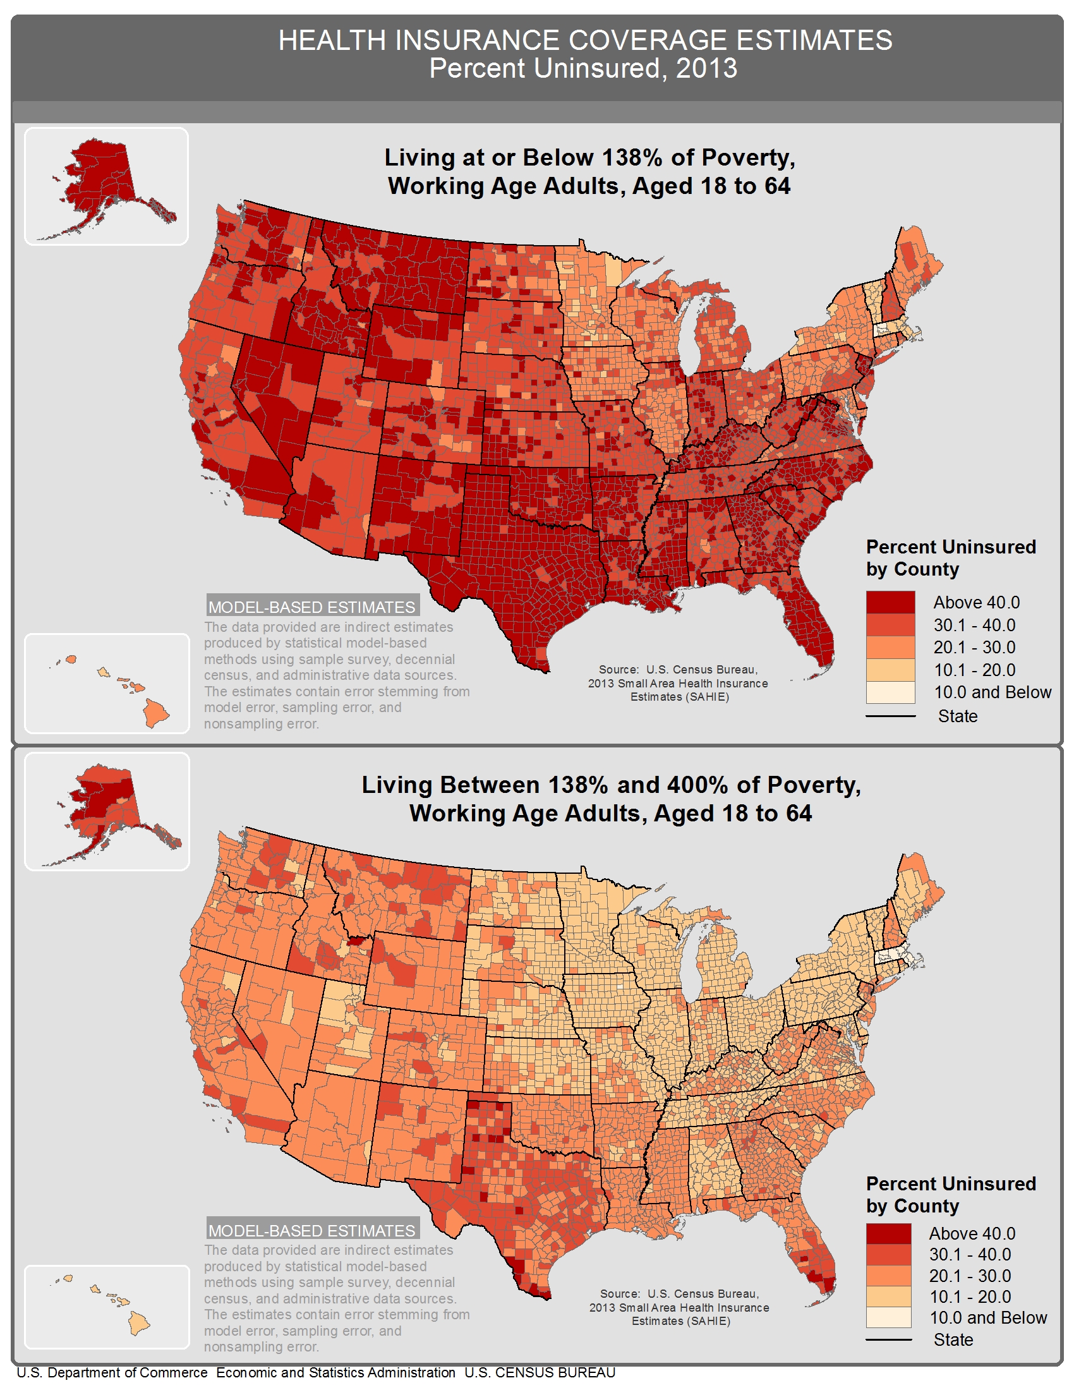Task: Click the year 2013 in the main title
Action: tap(706, 69)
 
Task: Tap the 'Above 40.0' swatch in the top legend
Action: tap(890, 602)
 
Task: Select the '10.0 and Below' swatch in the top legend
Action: tap(890, 692)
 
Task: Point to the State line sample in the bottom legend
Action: tap(888, 1339)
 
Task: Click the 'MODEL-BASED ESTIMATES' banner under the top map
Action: tap(311, 607)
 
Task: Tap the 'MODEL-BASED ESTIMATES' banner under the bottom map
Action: tap(311, 1230)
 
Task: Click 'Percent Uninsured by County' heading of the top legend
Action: tap(951, 557)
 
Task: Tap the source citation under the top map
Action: tap(678, 683)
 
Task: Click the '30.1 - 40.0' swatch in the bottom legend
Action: tap(888, 1254)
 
